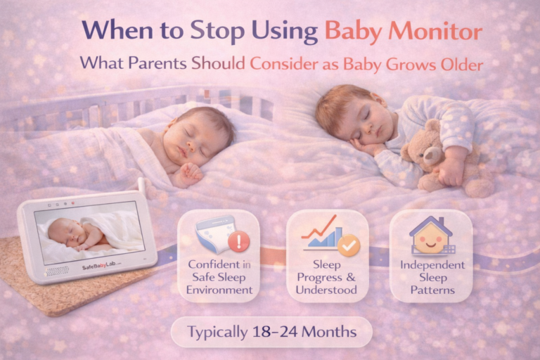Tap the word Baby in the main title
pos(354,32)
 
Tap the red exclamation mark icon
pos(240,243)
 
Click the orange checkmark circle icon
pos(348,245)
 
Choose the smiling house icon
pos(430,236)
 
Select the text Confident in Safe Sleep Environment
pos(218,276)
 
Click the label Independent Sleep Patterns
pos(432,277)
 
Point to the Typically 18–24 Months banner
pos(271,330)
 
